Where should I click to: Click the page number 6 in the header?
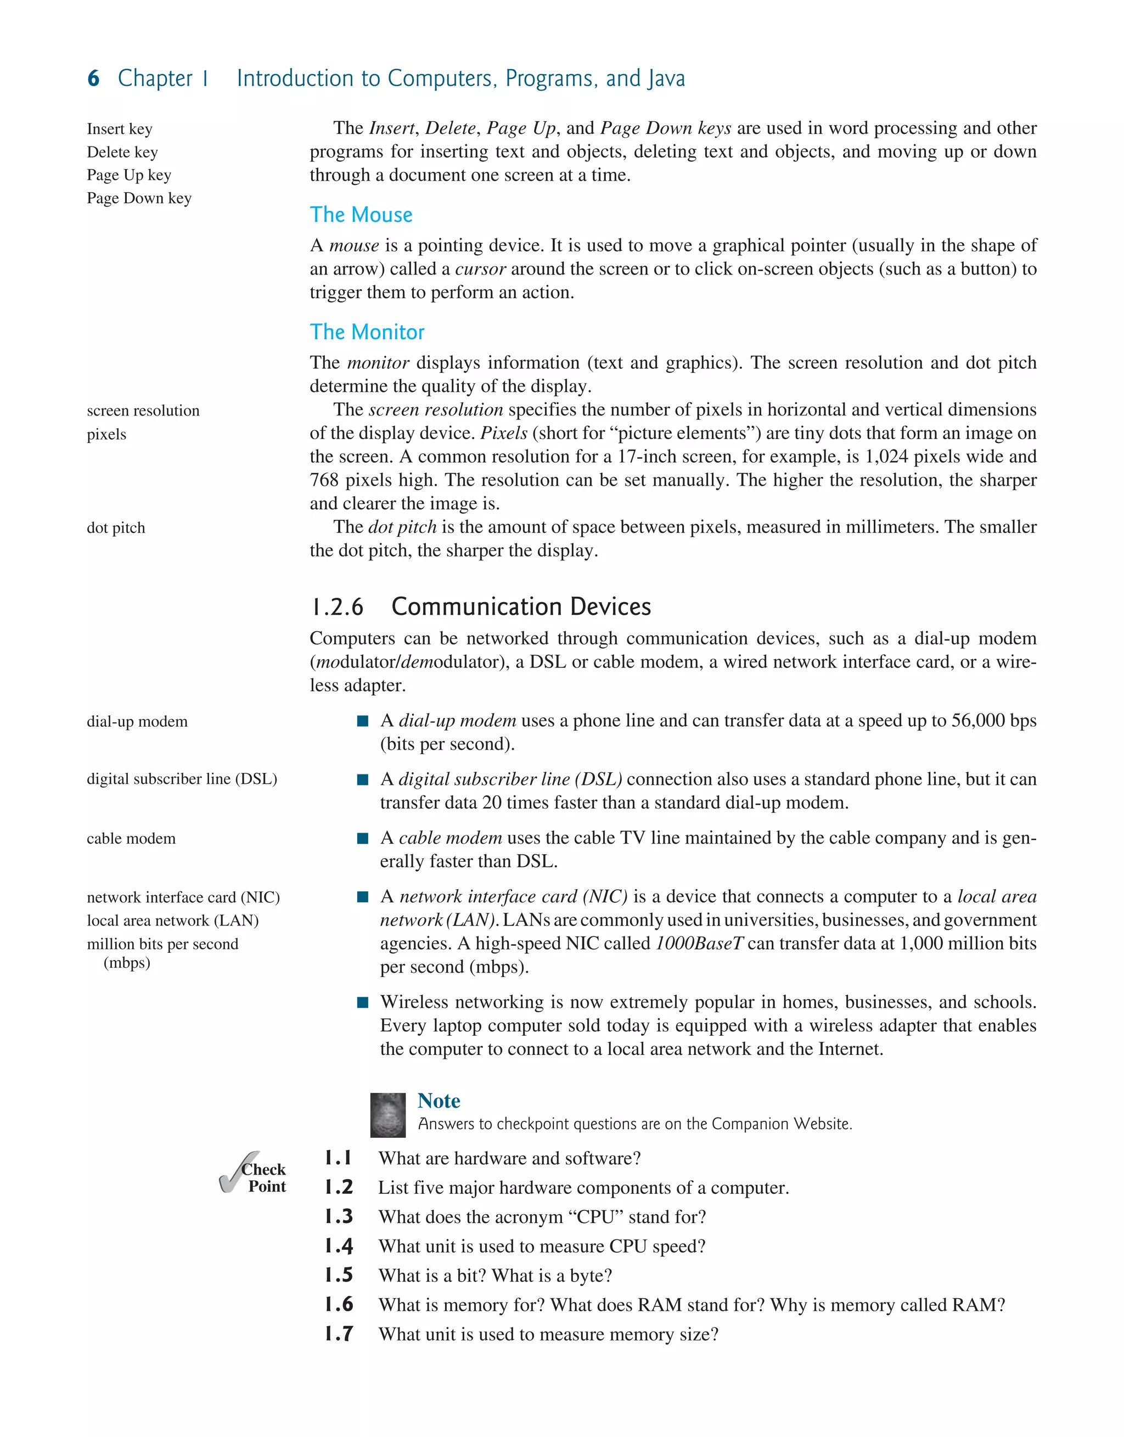coord(93,78)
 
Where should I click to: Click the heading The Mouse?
coord(361,215)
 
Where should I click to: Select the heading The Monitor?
coord(367,332)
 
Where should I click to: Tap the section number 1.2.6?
coord(337,607)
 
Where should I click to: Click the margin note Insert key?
coord(119,129)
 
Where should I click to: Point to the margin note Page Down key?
coord(139,198)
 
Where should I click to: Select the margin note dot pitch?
coord(116,527)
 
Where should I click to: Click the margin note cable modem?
coord(131,838)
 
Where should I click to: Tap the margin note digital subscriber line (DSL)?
coord(182,779)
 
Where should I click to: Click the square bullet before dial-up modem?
coord(362,721)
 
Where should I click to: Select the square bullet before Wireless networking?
coord(362,1003)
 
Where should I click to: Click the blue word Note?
coord(439,1101)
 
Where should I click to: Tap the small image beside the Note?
coord(387,1115)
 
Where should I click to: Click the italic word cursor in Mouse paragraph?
coord(480,269)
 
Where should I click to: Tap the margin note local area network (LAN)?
coord(172,920)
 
